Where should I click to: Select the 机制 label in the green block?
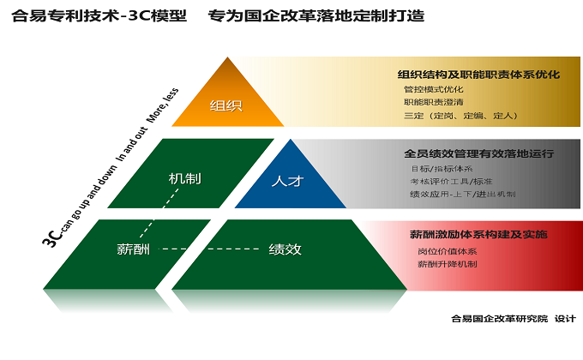tap(185, 178)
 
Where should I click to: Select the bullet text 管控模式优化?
tap(433, 89)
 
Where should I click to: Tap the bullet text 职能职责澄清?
tap(433, 102)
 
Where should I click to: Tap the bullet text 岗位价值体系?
tap(447, 251)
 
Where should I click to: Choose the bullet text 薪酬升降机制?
tap(447, 264)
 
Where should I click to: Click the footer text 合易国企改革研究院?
tap(498, 319)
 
